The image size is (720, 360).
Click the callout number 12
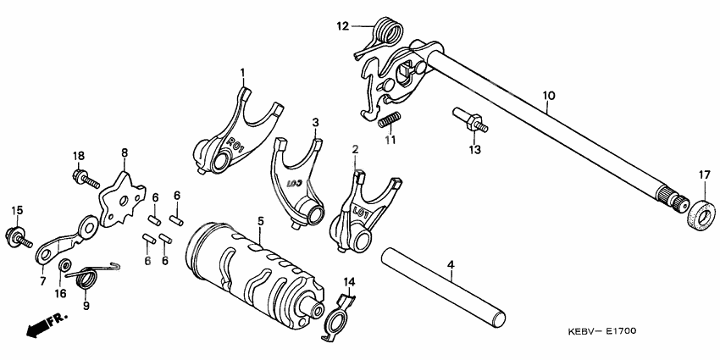click(x=342, y=26)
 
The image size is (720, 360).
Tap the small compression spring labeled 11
click(x=390, y=120)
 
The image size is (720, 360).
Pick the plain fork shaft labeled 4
click(x=444, y=287)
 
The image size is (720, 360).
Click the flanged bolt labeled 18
click(x=86, y=179)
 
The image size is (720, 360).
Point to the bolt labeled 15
click(x=19, y=235)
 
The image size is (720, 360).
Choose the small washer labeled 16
click(x=64, y=265)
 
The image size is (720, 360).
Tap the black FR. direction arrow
click(x=47, y=324)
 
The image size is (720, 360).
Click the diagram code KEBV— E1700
click(x=601, y=331)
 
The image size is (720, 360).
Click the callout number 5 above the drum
click(x=260, y=221)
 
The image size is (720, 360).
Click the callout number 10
click(x=548, y=96)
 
